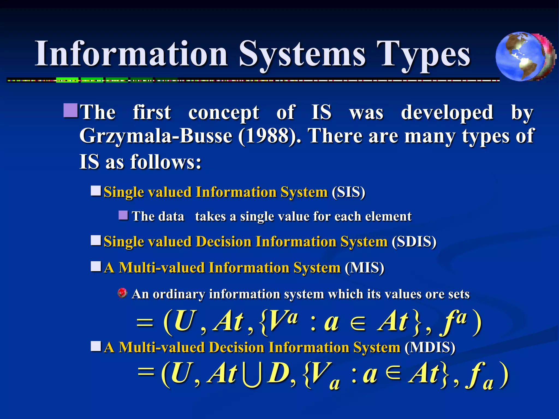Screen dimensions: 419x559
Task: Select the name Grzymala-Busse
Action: pos(156,136)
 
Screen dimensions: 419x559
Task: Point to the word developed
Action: pos(447,112)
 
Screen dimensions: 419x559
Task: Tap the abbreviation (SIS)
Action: pos(348,192)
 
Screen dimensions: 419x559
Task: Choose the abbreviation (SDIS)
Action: pos(414,242)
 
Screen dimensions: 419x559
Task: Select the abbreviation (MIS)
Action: pos(364,268)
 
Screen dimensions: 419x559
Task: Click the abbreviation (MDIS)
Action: pos(430,348)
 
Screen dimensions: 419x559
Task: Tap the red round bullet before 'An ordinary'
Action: pos(122,293)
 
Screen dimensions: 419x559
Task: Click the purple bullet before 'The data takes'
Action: pos(123,216)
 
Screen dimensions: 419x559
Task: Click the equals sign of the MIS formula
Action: pos(145,324)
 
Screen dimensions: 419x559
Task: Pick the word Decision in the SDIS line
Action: pos(224,242)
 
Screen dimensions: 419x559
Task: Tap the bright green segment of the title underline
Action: pos(67,80)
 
